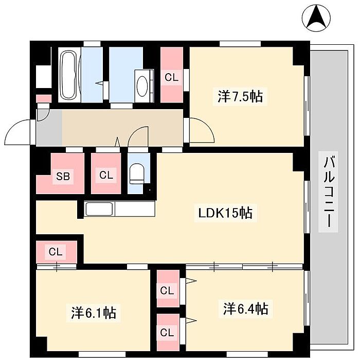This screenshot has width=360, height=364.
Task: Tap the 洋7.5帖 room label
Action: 240,96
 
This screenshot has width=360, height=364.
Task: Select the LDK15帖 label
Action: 226,212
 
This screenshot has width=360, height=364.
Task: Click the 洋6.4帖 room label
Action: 245,309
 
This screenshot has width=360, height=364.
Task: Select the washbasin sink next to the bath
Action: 142,84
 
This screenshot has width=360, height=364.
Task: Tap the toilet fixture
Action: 136,173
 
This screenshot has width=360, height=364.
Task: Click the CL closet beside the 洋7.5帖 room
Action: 172,77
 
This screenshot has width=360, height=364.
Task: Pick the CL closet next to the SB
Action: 106,175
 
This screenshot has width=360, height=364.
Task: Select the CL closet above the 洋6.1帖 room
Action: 56,252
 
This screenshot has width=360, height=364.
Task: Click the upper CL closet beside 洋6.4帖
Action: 167,291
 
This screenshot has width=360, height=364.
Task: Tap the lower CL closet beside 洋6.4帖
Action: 167,332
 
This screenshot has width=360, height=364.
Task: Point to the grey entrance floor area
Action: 49,128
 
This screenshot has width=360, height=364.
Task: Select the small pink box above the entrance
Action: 44,98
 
